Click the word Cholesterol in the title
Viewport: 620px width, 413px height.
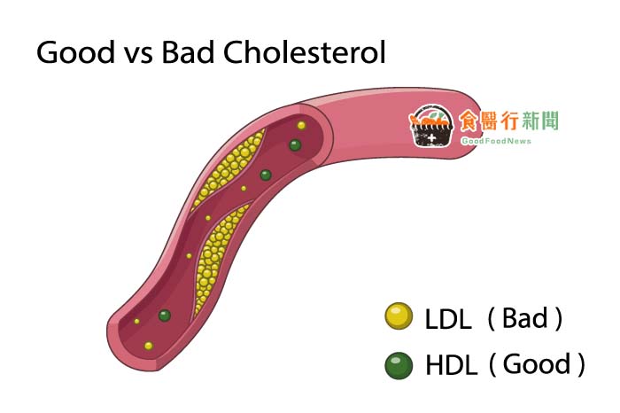[x=305, y=52]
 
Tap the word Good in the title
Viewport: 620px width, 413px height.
[x=75, y=52]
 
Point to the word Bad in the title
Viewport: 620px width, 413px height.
[x=188, y=52]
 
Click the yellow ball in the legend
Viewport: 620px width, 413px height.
[x=399, y=316]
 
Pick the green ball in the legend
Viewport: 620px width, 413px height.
[x=399, y=365]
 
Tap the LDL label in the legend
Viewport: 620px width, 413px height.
[x=448, y=319]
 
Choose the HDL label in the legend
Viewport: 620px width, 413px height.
[x=451, y=365]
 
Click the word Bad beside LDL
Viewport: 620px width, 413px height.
[x=524, y=317]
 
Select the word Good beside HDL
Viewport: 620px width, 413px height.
[x=537, y=364]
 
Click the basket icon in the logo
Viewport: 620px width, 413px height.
[x=431, y=126]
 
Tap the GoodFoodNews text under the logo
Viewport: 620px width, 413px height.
[x=496, y=141]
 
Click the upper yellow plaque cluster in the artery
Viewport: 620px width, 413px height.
[x=228, y=168]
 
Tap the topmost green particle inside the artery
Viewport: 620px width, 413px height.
[x=295, y=145]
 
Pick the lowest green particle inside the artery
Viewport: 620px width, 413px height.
[x=165, y=316]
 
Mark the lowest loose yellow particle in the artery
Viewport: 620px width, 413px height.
[x=148, y=347]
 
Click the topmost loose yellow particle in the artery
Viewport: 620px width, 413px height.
[x=301, y=125]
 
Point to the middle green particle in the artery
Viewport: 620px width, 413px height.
[x=266, y=175]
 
